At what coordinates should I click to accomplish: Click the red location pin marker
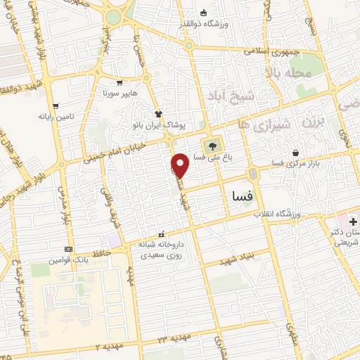tap(180, 165)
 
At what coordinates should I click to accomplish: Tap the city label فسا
tap(237, 198)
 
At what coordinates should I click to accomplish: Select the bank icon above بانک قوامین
tap(67, 249)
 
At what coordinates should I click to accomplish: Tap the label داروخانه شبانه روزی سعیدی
tap(162, 250)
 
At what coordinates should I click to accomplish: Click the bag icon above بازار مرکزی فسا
tap(295, 152)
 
